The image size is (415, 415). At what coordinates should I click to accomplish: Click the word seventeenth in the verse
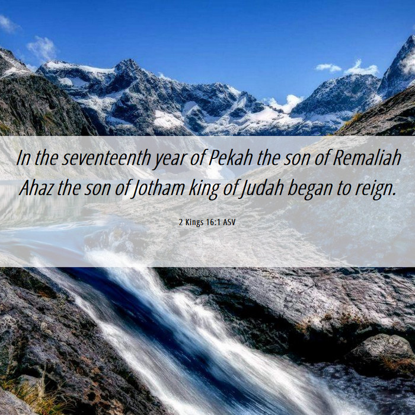point(106,158)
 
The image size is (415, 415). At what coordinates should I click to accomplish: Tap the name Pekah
point(230,158)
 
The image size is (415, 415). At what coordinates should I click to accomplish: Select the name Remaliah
point(367,158)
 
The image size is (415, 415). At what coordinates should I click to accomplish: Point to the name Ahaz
point(36,188)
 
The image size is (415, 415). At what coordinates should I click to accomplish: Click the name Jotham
point(158,189)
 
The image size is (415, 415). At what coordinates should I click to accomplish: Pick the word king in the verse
point(204,189)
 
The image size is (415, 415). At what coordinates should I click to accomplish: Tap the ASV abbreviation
point(229,222)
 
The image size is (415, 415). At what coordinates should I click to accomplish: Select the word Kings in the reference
point(194,222)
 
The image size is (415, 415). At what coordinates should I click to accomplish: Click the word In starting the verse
point(23,158)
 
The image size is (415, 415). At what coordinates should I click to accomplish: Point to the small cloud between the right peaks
point(328,68)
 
